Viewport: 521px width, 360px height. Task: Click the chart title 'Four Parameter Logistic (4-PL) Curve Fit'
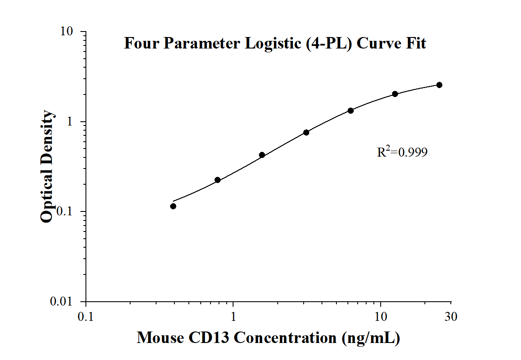(x=275, y=43)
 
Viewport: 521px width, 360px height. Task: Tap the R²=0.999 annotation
(x=402, y=152)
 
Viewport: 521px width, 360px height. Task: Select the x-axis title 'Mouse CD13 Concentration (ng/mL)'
(x=268, y=338)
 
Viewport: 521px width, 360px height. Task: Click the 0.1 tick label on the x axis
(x=86, y=317)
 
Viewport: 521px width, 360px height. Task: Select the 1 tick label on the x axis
(x=233, y=317)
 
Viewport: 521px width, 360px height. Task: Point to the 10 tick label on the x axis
(x=380, y=317)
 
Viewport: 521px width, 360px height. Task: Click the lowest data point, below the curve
(x=173, y=206)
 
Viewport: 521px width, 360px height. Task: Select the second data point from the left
(x=217, y=180)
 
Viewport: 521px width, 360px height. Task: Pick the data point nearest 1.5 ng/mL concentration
(x=262, y=155)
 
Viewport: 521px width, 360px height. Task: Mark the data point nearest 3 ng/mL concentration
(x=306, y=132)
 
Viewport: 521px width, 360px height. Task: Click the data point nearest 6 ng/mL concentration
(x=350, y=111)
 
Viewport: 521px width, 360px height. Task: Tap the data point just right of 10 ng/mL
(x=395, y=94)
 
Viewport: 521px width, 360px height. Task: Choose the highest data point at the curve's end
(x=439, y=85)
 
